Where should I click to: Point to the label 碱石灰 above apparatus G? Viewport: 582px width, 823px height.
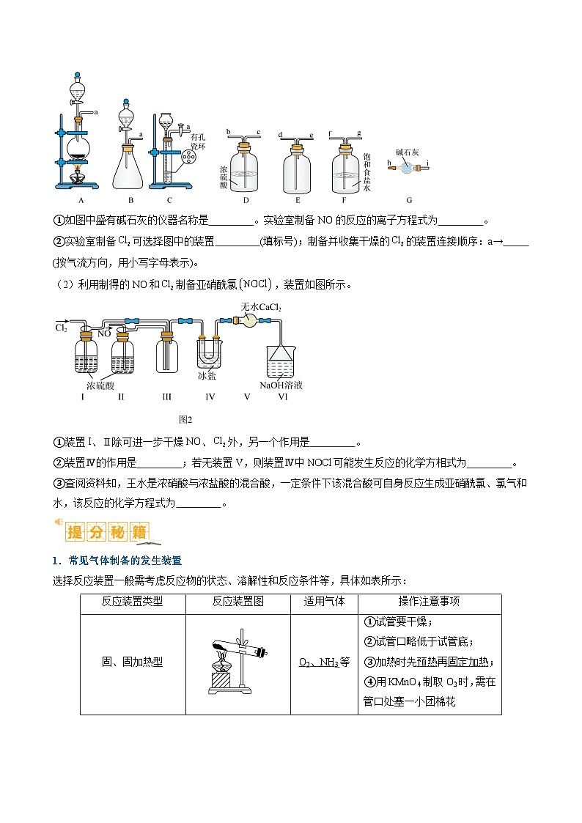coord(407,152)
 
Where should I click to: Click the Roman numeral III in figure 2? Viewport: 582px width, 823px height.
coord(166,396)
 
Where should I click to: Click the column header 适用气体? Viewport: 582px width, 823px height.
coord(324,602)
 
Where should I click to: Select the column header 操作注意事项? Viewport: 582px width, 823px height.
coord(429,602)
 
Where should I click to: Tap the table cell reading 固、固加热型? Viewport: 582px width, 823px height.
coord(132,662)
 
